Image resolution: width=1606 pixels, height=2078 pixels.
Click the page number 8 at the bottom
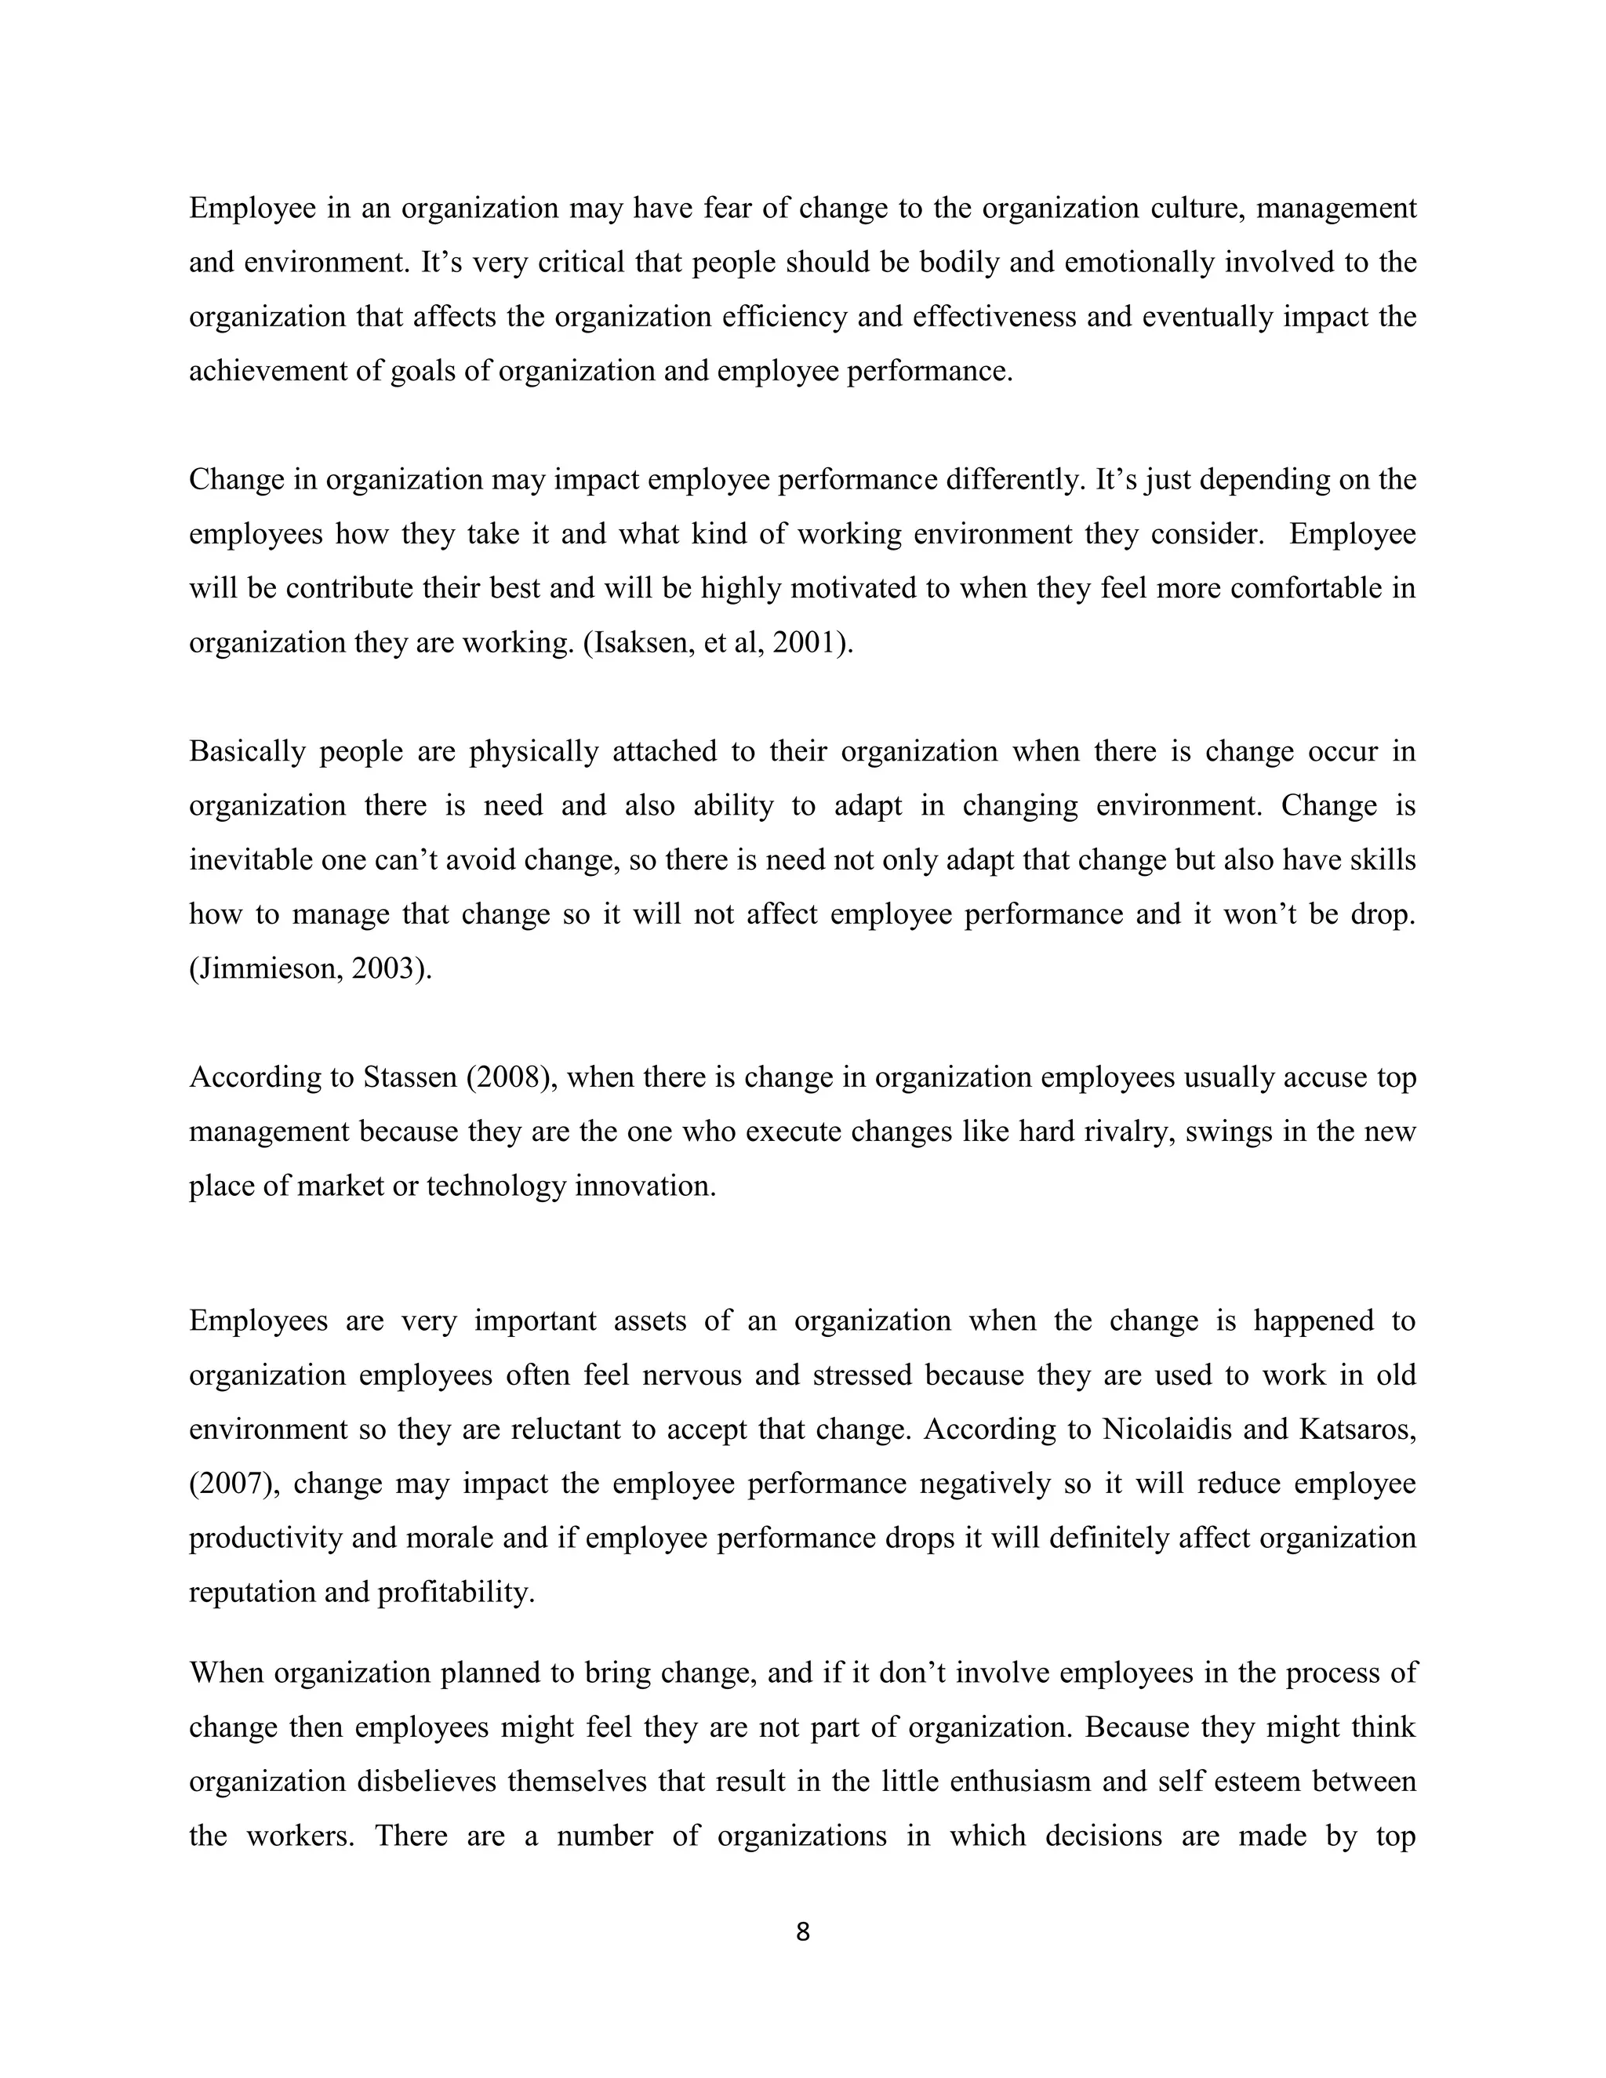point(802,1931)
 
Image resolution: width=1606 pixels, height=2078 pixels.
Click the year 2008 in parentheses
point(510,1078)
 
